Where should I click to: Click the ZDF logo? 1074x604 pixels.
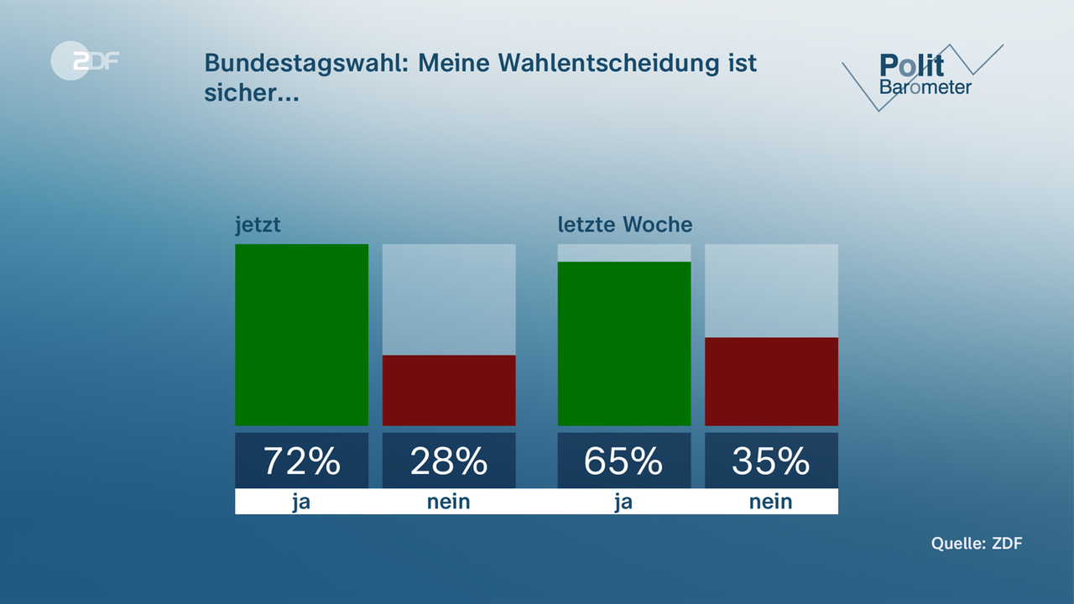pos(84,60)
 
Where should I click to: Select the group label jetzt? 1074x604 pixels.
pos(258,225)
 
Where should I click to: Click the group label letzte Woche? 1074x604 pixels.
pos(625,225)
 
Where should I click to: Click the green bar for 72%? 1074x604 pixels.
pos(301,335)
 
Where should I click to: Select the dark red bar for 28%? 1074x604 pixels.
pos(449,390)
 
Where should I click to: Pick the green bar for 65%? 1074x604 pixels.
pos(624,343)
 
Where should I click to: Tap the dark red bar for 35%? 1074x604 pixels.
pos(771,381)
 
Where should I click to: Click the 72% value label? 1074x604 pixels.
pos(301,461)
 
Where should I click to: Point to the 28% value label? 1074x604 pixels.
pos(449,461)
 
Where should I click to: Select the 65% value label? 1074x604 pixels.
pos(624,461)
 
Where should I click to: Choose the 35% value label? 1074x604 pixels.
pos(771,461)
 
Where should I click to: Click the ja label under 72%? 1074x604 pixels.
pos(301,502)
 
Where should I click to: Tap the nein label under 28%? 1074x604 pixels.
pos(449,502)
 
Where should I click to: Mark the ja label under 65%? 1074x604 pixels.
pos(624,502)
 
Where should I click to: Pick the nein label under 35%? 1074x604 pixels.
pos(771,502)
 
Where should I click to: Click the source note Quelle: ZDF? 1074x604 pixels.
pos(977,543)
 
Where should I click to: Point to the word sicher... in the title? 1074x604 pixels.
pos(252,93)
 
